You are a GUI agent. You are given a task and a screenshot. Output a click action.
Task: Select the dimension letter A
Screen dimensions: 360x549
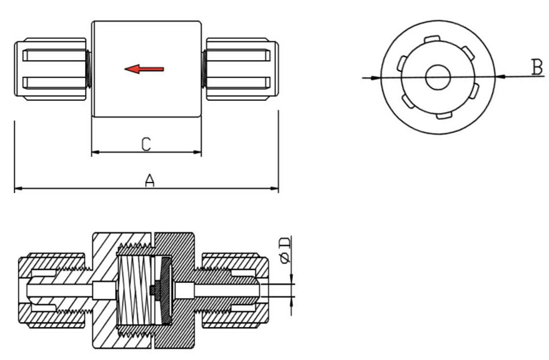point(149,180)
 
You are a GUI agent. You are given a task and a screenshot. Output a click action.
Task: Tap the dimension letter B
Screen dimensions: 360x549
point(537,67)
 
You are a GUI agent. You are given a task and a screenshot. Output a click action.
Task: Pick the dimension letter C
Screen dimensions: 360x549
point(146,144)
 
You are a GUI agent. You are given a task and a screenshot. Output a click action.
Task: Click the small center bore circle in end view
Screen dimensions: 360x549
point(438,77)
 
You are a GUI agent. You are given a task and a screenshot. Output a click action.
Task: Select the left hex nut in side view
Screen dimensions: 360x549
point(50,69)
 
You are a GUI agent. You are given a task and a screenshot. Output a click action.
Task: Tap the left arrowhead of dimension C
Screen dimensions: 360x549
point(95,152)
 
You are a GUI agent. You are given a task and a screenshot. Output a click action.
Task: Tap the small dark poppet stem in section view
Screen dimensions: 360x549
point(153,290)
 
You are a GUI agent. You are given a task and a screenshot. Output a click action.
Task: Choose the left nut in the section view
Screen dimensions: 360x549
point(51,290)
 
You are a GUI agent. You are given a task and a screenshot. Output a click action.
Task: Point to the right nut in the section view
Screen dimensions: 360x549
point(236,290)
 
